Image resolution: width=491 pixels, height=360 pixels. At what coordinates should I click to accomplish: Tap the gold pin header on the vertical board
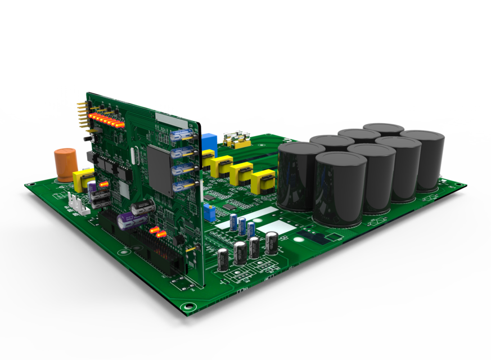pyautogui.click(x=82, y=115)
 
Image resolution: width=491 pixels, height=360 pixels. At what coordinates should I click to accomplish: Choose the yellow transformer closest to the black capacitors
pyautogui.click(x=263, y=182)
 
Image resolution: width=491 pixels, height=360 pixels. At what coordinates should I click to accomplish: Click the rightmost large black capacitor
pyautogui.click(x=423, y=160)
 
